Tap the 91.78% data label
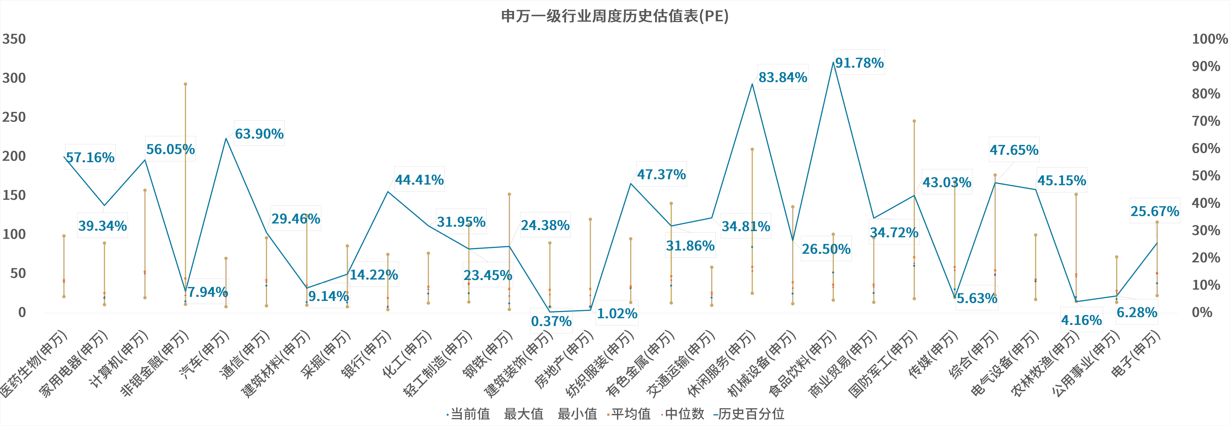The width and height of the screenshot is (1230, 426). click(x=859, y=63)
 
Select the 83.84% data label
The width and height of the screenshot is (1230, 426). click(x=783, y=77)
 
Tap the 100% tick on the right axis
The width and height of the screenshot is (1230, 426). click(x=1209, y=39)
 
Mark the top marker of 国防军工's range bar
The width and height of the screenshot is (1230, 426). click(x=914, y=121)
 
